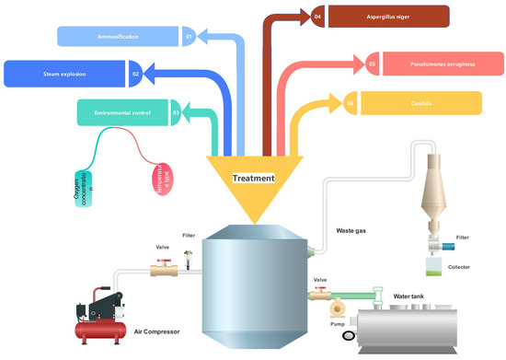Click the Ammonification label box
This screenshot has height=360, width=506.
pyautogui.click(x=118, y=36)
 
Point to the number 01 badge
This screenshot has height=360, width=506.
pyautogui.click(x=189, y=37)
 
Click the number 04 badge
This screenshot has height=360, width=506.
pyautogui.click(x=317, y=17)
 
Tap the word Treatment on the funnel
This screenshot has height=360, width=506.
pyautogui.click(x=253, y=179)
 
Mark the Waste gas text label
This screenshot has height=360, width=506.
pyautogui.click(x=351, y=231)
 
